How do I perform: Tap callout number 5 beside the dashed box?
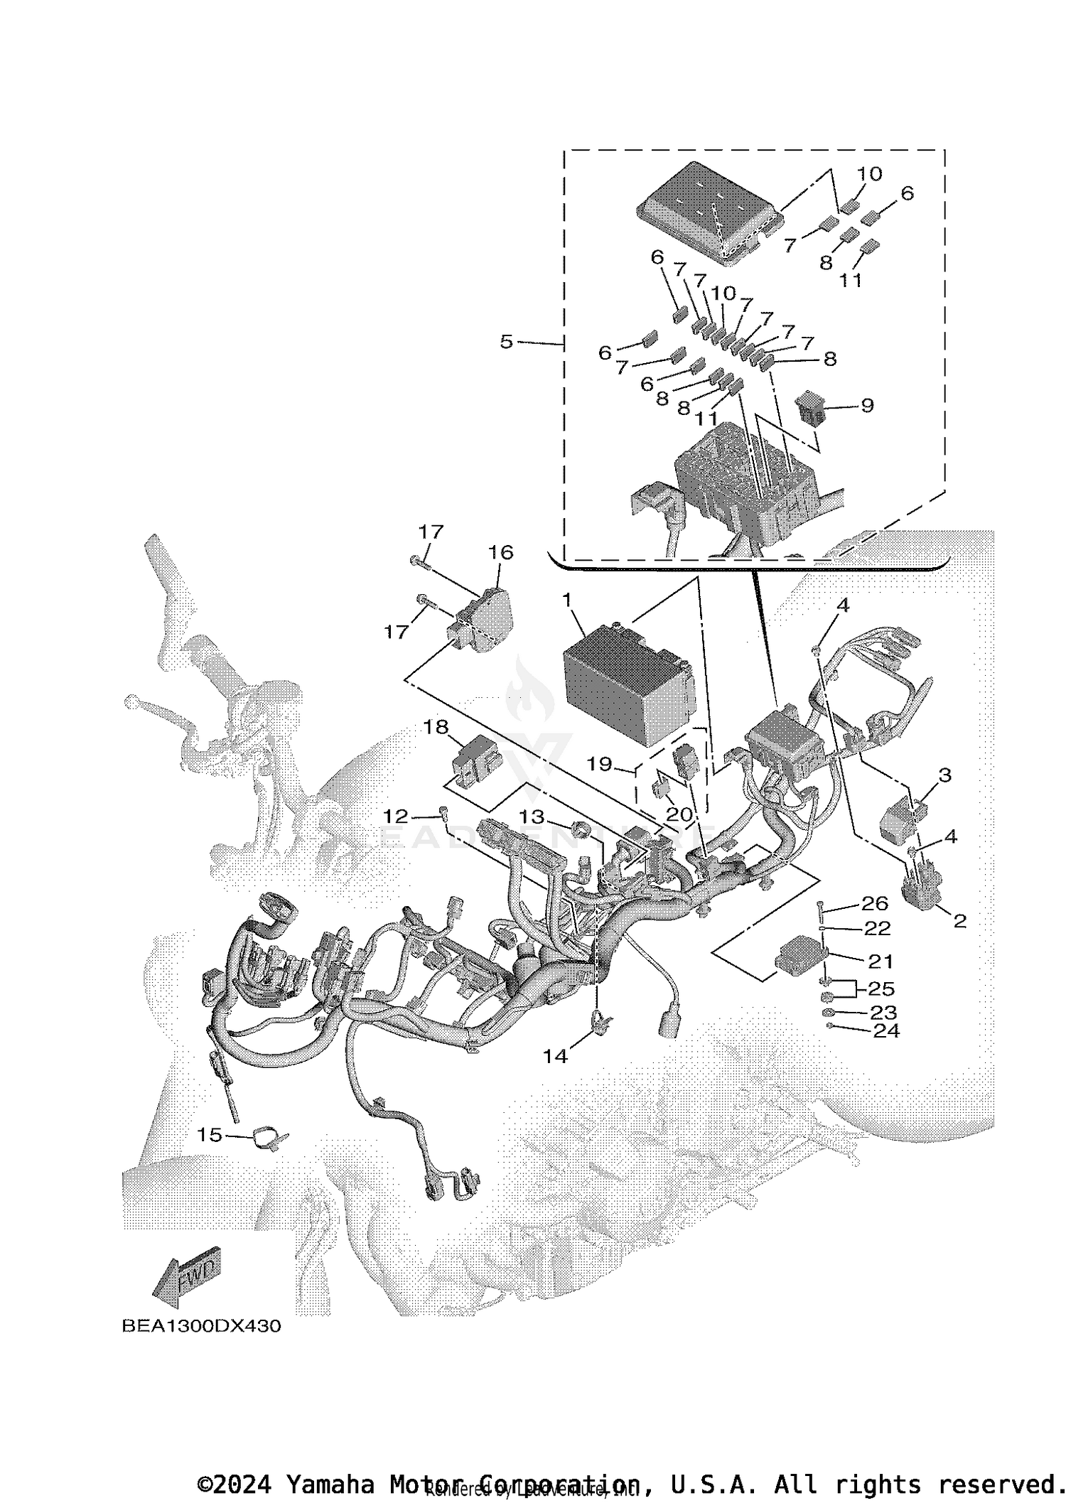(506, 342)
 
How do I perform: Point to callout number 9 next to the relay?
(867, 405)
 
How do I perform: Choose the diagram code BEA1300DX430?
(201, 1326)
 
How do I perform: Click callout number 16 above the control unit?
(500, 551)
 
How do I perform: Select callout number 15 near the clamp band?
(209, 1135)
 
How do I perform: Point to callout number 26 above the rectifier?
(875, 903)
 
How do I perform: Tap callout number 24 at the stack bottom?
(886, 1030)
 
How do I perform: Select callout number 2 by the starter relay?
(959, 922)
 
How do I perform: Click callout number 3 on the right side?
(944, 775)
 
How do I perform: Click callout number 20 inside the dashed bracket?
(679, 814)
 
